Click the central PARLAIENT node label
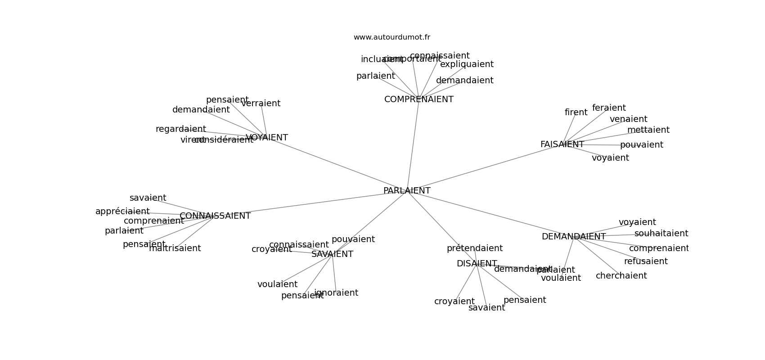tap(407, 191)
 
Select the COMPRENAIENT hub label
tap(418, 99)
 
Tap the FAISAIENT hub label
tap(562, 144)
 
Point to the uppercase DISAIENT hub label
tap(477, 264)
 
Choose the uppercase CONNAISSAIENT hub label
tap(215, 216)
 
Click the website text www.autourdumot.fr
tap(391, 37)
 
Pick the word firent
tap(576, 112)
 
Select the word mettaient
tap(648, 130)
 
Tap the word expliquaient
tap(467, 64)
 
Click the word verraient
tap(261, 103)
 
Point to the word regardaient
tap(180, 129)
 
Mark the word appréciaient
tap(122, 211)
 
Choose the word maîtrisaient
tap(175, 248)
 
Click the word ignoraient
tap(336, 293)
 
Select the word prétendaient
tap(474, 248)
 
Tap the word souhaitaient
tap(661, 234)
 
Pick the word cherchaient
tap(621, 276)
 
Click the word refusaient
tap(646, 261)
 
